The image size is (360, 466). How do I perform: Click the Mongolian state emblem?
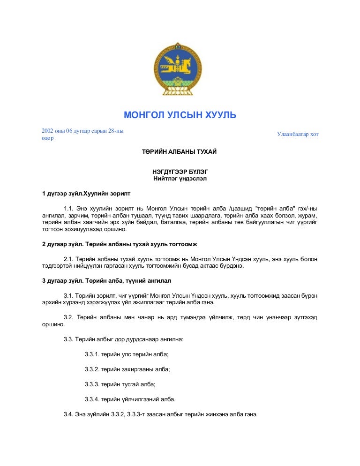[180, 69]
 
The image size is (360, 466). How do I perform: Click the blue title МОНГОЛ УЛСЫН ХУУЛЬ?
[180, 115]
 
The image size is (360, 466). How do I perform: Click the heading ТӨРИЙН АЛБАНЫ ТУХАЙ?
[180, 152]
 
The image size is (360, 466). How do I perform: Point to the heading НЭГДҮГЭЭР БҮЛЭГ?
[180, 172]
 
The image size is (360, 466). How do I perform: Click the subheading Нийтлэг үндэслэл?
[180, 179]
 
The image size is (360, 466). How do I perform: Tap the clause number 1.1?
[69, 208]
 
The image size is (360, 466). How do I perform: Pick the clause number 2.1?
[69, 259]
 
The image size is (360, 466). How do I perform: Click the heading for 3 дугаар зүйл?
[106, 281]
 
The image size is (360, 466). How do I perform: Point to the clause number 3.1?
[69, 295]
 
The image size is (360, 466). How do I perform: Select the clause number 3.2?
[69, 317]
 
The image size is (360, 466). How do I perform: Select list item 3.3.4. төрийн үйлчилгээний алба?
[130, 399]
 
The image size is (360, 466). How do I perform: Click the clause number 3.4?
[69, 414]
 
